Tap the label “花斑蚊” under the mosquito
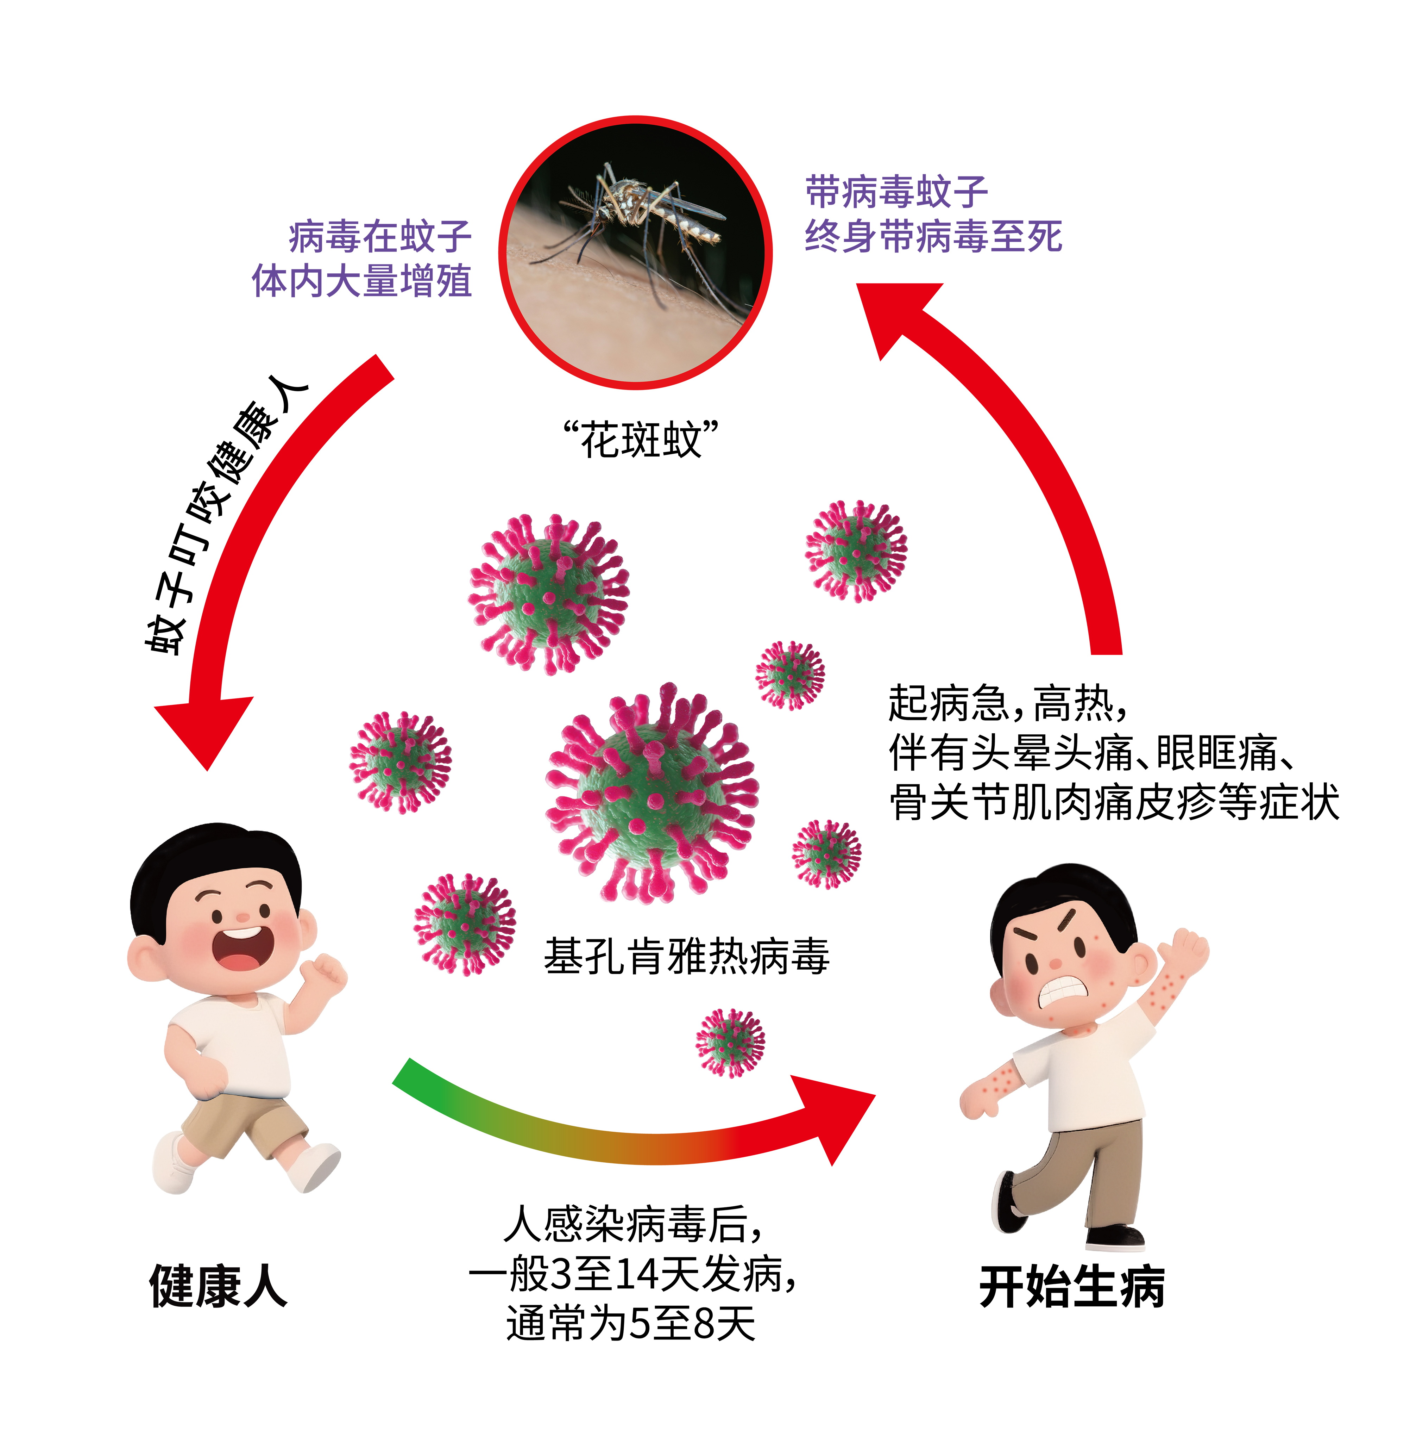pyautogui.click(x=641, y=440)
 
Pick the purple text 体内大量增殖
pyautogui.click(x=362, y=281)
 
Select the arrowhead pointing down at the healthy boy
pyautogui.click(x=205, y=729)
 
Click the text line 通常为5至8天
pyautogui.click(x=630, y=1323)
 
